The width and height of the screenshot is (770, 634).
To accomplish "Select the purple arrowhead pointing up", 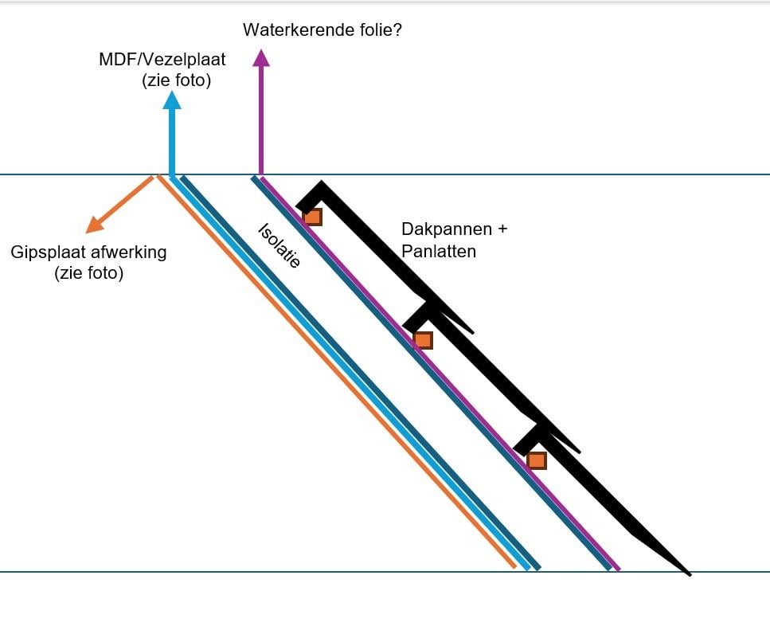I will click(260, 57).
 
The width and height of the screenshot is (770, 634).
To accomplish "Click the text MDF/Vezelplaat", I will click(162, 60).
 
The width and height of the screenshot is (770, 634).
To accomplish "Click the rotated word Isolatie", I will click(279, 245).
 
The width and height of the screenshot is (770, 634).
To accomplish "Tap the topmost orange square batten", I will click(312, 217).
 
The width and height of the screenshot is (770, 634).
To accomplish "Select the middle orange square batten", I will click(423, 340).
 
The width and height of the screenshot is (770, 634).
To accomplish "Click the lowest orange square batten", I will click(537, 460).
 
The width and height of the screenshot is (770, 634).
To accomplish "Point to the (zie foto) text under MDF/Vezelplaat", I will click(177, 80).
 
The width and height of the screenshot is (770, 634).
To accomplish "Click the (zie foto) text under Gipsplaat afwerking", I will click(89, 274).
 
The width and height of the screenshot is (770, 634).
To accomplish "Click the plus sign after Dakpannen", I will click(502, 229).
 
